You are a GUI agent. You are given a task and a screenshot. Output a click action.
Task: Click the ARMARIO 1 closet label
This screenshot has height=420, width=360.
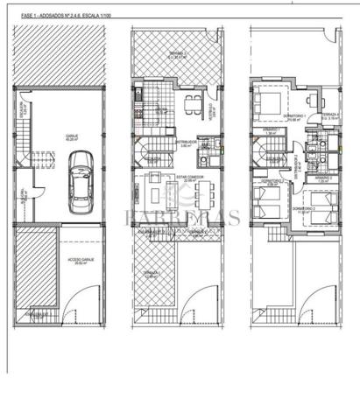(x=272, y=131)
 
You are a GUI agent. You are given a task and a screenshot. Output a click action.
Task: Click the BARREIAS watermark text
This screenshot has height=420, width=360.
(x=180, y=218)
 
